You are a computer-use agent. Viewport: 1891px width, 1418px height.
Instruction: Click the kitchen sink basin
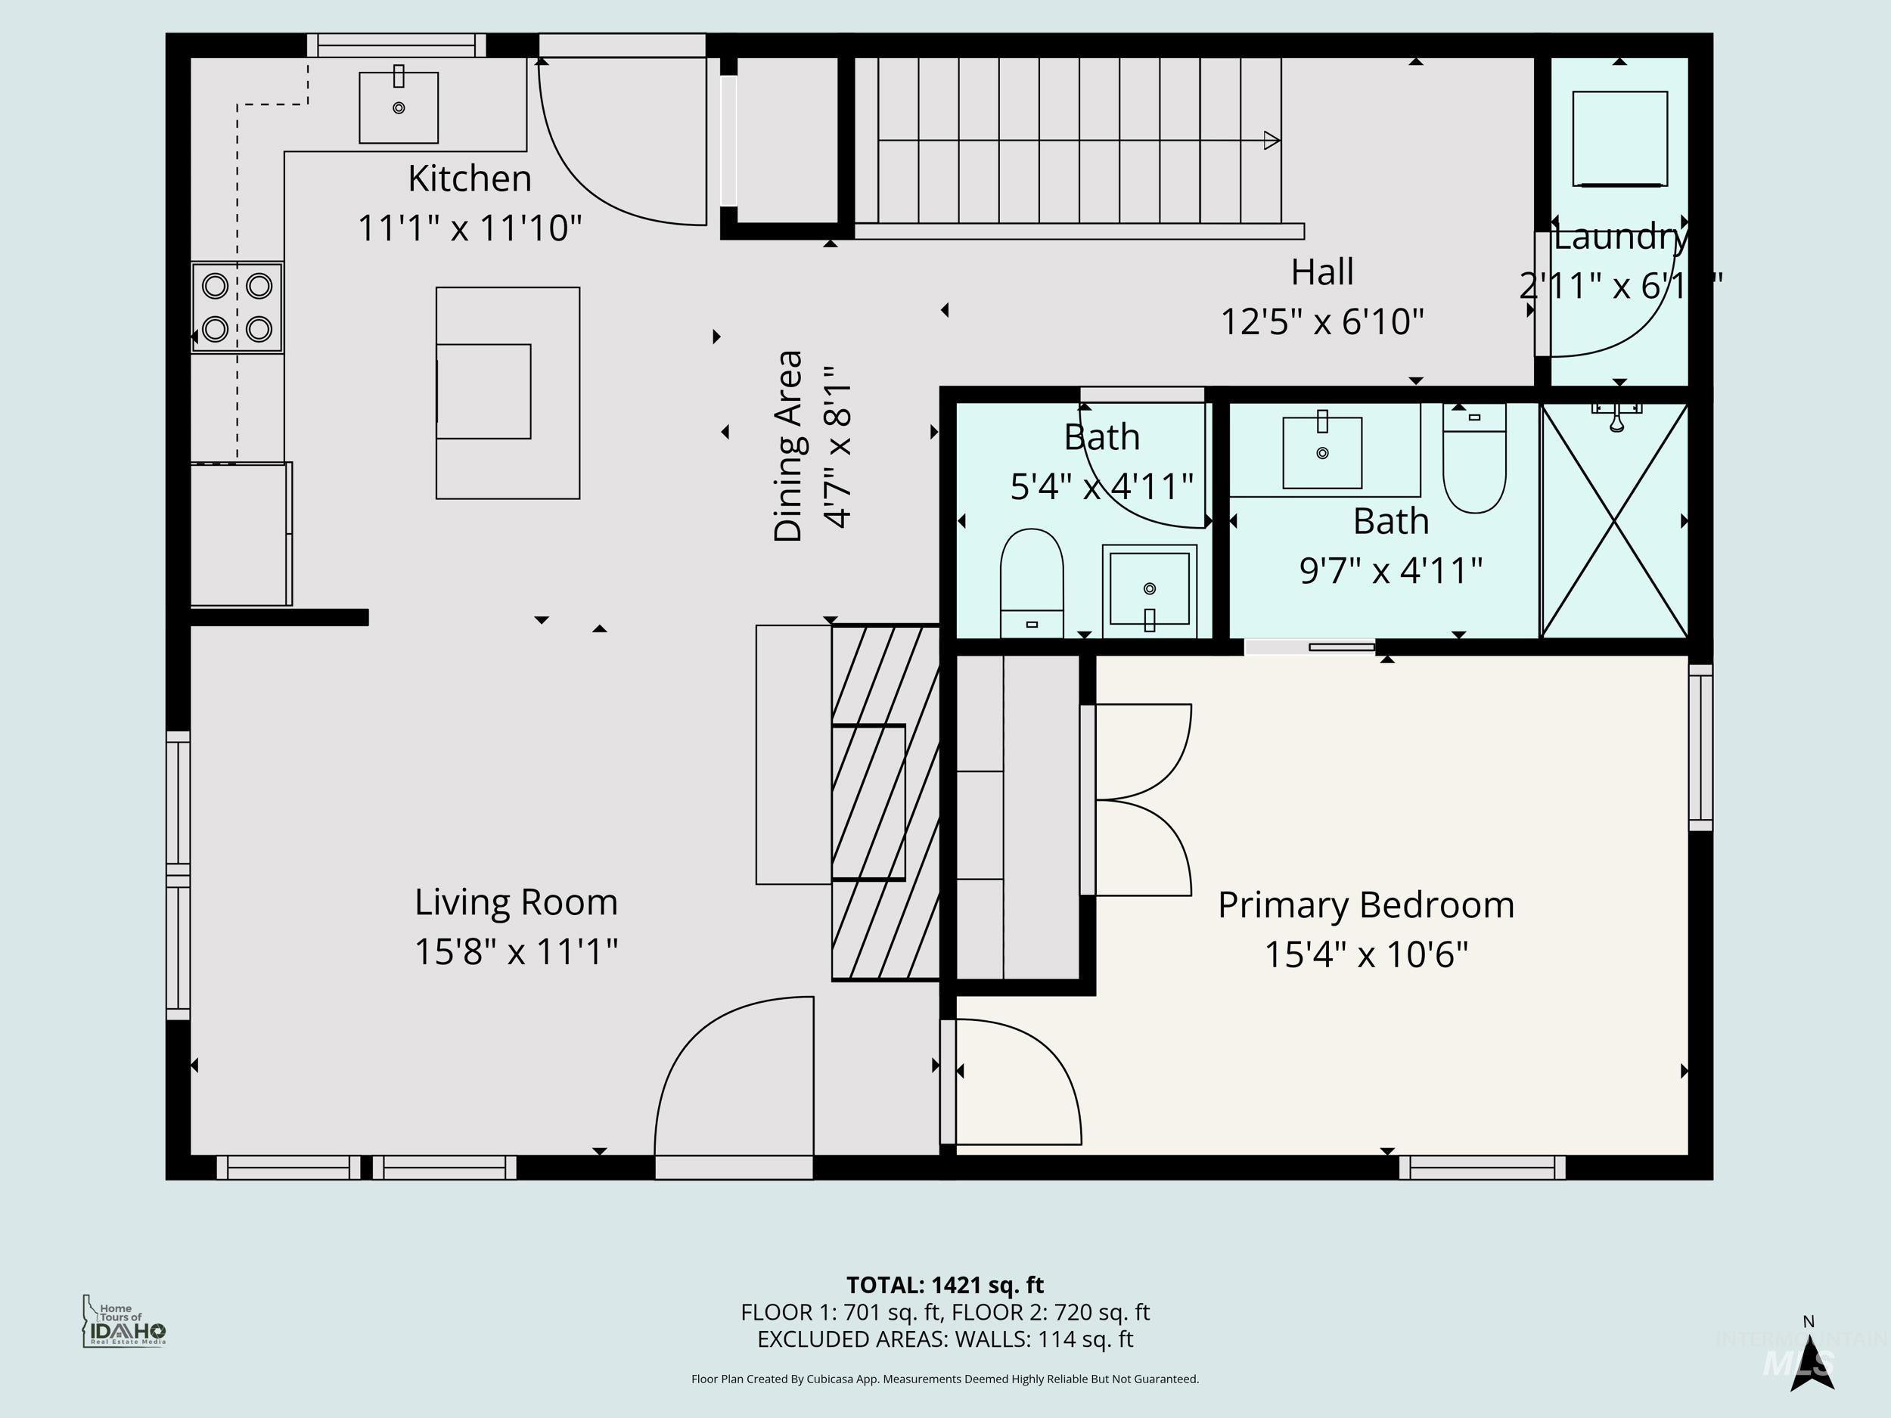(399, 107)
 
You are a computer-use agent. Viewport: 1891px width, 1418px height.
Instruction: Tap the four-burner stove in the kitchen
(237, 307)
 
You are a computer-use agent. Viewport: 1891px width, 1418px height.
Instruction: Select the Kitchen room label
(469, 178)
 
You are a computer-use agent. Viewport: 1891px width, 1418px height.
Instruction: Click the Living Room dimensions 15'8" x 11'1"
(516, 951)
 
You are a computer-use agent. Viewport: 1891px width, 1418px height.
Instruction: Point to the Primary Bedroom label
(1365, 904)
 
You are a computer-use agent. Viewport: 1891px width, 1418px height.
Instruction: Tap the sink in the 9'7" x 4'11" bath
(1321, 452)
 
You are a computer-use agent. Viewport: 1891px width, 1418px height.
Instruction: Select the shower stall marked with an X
(1614, 521)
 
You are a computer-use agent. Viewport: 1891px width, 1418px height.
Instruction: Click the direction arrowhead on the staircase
(1272, 140)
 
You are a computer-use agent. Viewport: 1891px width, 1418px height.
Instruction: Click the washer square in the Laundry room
(1620, 138)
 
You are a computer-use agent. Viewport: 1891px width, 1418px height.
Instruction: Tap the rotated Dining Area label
(788, 445)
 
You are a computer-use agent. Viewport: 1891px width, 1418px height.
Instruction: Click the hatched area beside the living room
(886, 802)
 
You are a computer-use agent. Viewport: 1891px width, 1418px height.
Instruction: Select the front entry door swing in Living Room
(734, 1078)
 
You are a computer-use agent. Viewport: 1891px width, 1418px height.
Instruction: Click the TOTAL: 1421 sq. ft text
(945, 1285)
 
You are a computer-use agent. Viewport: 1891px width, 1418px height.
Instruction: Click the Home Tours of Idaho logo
(124, 1321)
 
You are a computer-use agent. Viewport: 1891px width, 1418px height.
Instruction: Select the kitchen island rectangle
(508, 393)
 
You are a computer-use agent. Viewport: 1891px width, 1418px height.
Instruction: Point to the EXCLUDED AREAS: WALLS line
(945, 1339)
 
